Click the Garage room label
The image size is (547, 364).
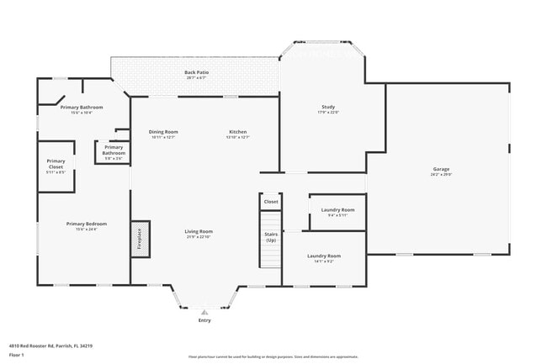point(441,169)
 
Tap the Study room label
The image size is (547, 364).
point(328,107)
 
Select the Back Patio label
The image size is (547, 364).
point(197,73)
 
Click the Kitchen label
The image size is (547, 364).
point(238,132)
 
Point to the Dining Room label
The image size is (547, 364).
point(163,132)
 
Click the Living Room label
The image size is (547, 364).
point(199,231)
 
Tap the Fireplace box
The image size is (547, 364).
point(140,239)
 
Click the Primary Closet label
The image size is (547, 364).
point(56,164)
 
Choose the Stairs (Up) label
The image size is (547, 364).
point(271,238)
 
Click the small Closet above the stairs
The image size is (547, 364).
point(271,202)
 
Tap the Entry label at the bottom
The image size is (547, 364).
point(204,320)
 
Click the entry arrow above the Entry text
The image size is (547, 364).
point(204,312)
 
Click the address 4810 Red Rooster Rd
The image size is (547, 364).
point(50,346)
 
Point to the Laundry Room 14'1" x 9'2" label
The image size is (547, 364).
point(323,258)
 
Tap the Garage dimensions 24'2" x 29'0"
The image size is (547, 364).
point(441,175)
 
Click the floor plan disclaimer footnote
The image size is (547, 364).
point(273,356)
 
